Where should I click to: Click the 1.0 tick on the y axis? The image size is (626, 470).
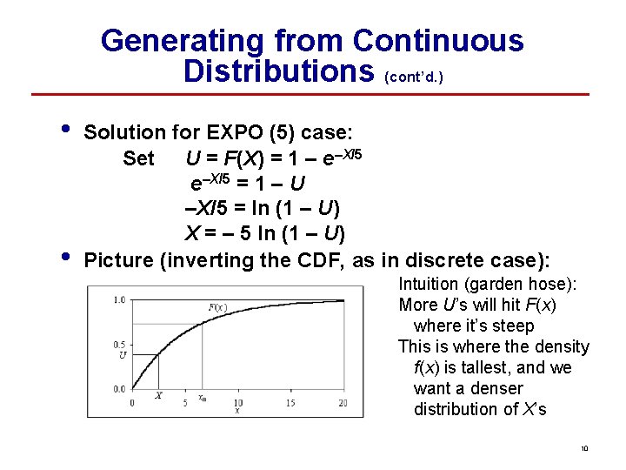click(x=119, y=300)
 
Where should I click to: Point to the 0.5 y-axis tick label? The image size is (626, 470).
click(x=119, y=344)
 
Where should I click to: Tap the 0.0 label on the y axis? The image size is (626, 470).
click(x=119, y=388)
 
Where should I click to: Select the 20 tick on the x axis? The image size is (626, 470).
click(x=343, y=402)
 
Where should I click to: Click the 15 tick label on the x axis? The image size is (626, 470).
click(x=290, y=402)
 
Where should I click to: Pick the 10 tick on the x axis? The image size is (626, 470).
click(x=236, y=402)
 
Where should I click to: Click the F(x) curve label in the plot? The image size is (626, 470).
click(x=217, y=307)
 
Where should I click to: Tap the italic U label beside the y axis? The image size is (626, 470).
click(x=123, y=355)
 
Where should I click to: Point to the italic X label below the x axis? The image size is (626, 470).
click(x=158, y=397)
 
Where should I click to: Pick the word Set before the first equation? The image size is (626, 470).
click(x=139, y=158)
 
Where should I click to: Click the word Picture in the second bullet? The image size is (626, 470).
click(x=120, y=260)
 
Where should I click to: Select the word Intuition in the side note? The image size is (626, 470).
click(x=430, y=284)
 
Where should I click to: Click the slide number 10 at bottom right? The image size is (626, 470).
click(x=584, y=449)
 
